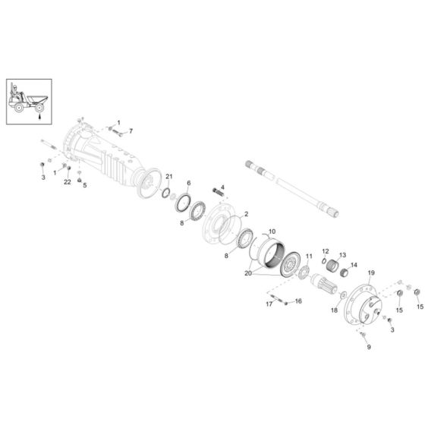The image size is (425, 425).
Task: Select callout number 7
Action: point(130,131)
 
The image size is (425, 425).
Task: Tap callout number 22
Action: point(68,182)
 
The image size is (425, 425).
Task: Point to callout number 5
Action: point(85,184)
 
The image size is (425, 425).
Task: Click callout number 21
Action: point(170,177)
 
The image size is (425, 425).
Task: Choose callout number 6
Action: point(189,183)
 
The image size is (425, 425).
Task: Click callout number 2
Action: point(245,216)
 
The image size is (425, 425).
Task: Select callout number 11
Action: point(308,246)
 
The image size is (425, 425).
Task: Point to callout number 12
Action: point(325,251)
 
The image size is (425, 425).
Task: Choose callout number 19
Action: point(372,272)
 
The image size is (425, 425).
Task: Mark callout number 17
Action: point(269,304)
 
